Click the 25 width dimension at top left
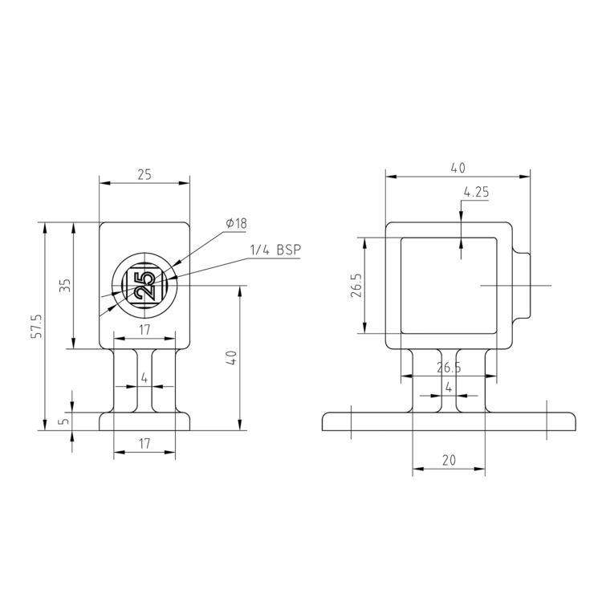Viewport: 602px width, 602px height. tap(144, 174)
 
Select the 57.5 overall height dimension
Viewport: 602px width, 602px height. tap(35, 326)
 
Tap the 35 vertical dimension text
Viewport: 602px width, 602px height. tap(66, 286)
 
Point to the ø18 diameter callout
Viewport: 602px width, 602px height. tap(236, 224)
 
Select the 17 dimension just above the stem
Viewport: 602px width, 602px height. tap(144, 329)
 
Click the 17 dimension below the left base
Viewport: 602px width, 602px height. tap(144, 443)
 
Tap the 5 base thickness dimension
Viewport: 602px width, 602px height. tap(66, 421)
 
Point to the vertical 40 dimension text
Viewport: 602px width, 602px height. tap(232, 358)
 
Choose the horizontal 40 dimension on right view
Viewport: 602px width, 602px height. tap(458, 168)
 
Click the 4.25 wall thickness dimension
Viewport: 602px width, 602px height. tap(476, 192)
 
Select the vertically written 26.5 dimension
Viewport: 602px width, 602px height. tap(356, 286)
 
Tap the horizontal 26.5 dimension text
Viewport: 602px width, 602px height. tap(449, 368)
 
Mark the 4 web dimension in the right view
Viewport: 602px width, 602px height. tap(449, 386)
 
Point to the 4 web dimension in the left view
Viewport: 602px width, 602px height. tap(144, 377)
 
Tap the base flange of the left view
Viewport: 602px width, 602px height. tap(144, 422)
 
